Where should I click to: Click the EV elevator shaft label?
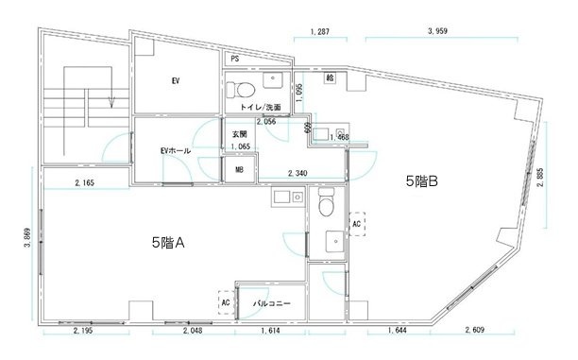[x=176, y=81]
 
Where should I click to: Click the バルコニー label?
[x=271, y=303]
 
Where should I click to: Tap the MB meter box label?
[x=239, y=171]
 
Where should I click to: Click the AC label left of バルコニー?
[x=225, y=302]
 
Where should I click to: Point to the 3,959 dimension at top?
[x=436, y=32]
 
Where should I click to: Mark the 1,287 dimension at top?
[x=320, y=32]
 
